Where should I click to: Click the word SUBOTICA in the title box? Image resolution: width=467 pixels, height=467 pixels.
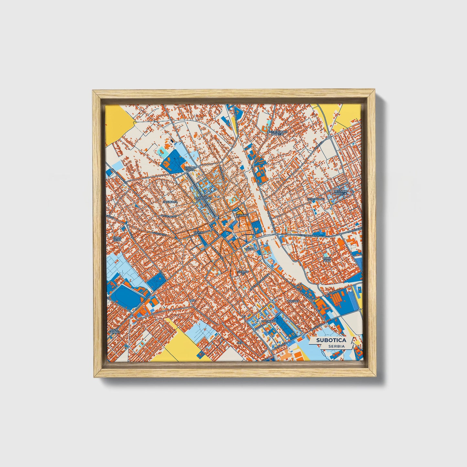331,340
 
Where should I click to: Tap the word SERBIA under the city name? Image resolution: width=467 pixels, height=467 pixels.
336,346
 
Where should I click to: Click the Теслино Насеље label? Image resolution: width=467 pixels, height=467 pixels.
341,192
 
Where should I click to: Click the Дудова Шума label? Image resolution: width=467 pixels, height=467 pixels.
190,169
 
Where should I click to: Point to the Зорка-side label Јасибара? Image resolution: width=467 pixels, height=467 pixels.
170,202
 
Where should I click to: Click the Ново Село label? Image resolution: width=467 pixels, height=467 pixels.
117,239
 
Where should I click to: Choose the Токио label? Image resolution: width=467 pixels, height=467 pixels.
249,249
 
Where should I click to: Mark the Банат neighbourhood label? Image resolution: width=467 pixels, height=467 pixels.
293,301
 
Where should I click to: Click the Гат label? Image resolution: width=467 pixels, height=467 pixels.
193,300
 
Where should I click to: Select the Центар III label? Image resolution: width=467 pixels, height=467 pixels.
243,273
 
